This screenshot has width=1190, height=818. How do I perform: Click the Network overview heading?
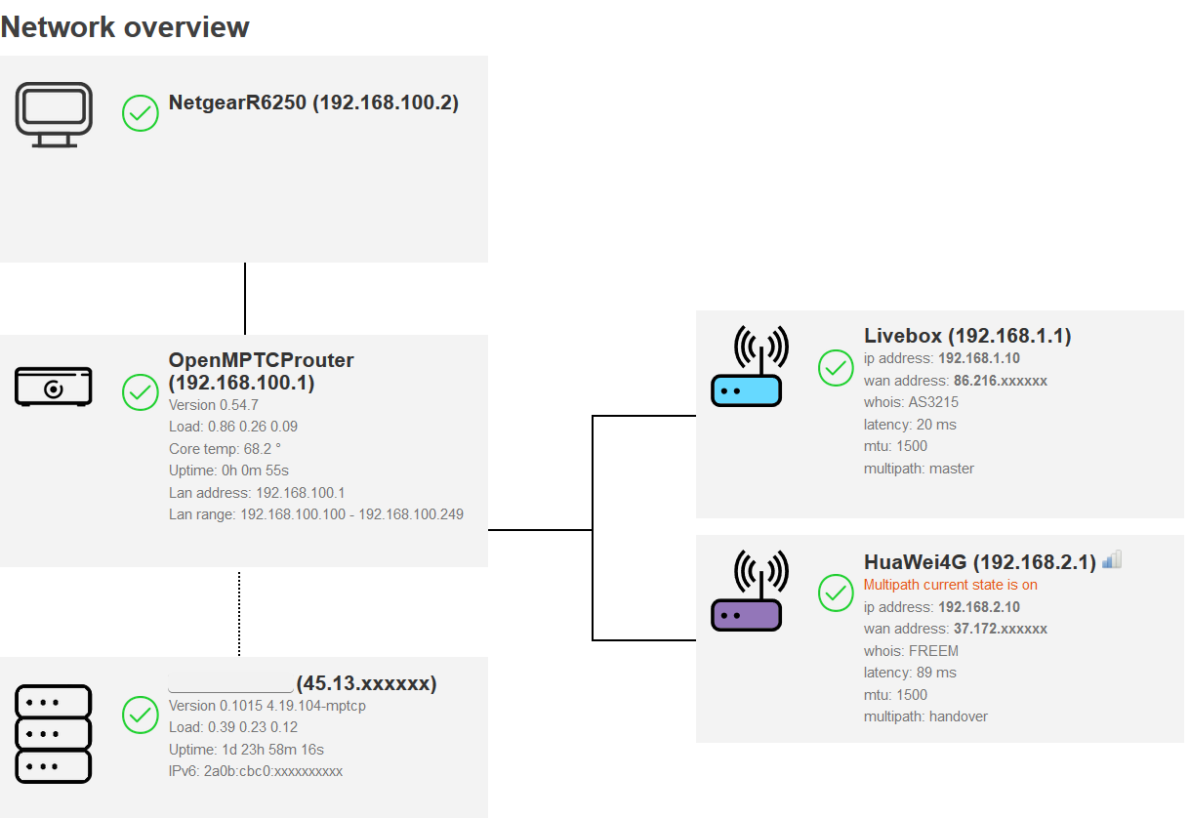click(125, 27)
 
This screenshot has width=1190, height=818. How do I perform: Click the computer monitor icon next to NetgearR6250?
click(54, 114)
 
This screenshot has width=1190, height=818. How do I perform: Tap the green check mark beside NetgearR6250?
click(141, 113)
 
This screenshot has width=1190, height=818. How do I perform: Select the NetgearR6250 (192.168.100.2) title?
click(313, 102)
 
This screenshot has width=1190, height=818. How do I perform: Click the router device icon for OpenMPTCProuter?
click(54, 388)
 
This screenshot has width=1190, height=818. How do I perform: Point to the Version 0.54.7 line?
click(214, 404)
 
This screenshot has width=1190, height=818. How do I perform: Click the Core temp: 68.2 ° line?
click(225, 448)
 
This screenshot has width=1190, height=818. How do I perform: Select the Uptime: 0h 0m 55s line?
click(228, 470)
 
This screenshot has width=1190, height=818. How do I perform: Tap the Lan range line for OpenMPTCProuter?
click(315, 513)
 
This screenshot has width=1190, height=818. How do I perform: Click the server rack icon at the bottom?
click(54, 733)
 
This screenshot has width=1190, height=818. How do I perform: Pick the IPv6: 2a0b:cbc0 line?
click(256, 771)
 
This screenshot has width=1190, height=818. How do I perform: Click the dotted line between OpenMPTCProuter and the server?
click(239, 613)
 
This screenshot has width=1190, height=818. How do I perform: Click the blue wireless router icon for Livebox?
click(747, 369)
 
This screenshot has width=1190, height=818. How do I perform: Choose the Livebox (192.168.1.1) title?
click(967, 336)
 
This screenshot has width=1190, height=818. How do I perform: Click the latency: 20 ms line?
click(910, 424)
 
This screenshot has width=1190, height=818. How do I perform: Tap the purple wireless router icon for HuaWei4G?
click(747, 593)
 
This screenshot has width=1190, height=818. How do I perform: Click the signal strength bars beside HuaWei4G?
click(1112, 560)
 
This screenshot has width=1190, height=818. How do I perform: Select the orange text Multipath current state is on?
click(950, 585)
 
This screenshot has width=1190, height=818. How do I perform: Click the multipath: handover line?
click(925, 716)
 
